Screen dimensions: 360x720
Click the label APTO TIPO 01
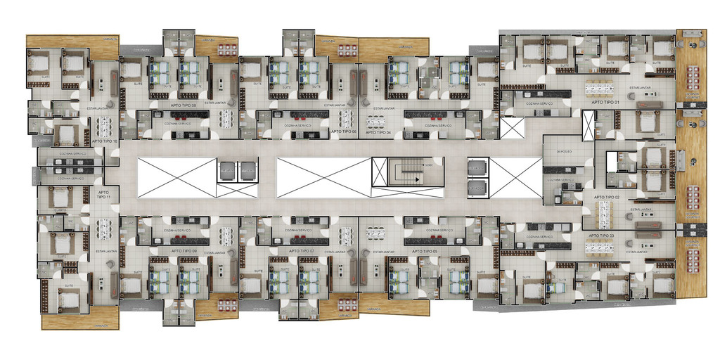(606, 103)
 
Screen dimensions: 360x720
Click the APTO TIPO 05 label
(425, 251)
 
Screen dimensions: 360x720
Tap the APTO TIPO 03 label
(603, 236)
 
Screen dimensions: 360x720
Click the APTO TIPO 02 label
(607, 198)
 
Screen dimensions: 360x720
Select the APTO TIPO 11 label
(103, 194)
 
